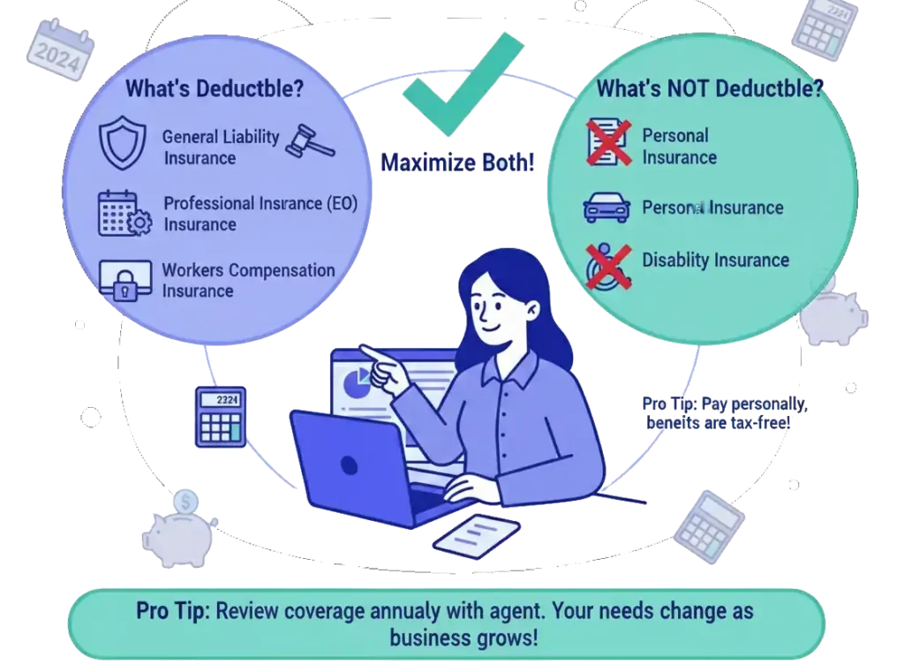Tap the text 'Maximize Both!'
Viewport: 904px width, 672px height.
(x=457, y=162)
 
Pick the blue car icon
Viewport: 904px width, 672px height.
(x=606, y=208)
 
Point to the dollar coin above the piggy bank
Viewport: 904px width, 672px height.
(x=185, y=502)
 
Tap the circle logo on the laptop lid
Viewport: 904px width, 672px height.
(x=348, y=464)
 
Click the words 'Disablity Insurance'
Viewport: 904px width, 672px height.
(x=715, y=260)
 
